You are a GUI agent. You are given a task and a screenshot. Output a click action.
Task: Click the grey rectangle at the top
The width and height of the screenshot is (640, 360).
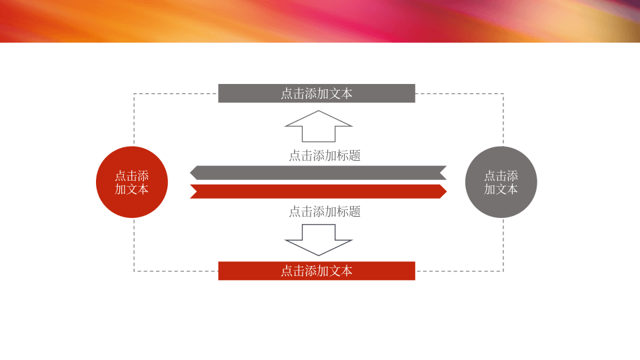[317, 93]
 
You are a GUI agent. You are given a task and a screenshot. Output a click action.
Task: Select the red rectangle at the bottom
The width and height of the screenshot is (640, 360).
[317, 271]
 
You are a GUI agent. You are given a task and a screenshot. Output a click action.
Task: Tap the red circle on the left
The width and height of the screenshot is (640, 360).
[132, 182]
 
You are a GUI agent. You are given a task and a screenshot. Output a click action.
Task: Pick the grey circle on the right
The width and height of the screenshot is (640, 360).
[501, 182]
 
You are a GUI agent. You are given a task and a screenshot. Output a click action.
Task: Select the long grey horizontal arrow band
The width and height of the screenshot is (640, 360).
[319, 173]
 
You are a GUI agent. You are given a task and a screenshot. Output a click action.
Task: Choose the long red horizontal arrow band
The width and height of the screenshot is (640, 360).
[319, 191]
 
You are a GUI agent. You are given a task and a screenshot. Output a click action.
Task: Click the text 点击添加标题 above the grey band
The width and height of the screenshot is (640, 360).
[325, 155]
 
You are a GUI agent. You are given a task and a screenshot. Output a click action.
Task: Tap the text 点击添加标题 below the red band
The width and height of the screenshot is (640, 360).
[325, 211]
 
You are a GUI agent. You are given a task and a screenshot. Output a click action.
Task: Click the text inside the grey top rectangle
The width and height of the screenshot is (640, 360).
[317, 93]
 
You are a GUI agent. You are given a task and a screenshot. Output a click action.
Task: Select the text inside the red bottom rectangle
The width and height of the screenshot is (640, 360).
[317, 271]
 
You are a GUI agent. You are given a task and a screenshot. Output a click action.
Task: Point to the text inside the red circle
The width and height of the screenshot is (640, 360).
[132, 183]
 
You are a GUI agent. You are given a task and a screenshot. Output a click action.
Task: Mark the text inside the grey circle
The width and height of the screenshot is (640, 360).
[501, 183]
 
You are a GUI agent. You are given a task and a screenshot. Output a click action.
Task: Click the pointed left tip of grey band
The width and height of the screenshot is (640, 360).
[190, 173]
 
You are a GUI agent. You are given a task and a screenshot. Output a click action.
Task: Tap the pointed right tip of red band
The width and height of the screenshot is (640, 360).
[447, 191]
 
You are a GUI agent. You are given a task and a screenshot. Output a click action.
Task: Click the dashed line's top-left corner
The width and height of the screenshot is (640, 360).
[134, 94]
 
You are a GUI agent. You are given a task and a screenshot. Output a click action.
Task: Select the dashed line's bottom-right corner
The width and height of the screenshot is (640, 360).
[503, 271]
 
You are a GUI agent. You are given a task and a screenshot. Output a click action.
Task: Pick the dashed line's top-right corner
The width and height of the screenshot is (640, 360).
[503, 94]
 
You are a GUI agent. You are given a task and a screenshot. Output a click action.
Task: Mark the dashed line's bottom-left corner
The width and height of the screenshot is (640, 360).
[134, 271]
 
